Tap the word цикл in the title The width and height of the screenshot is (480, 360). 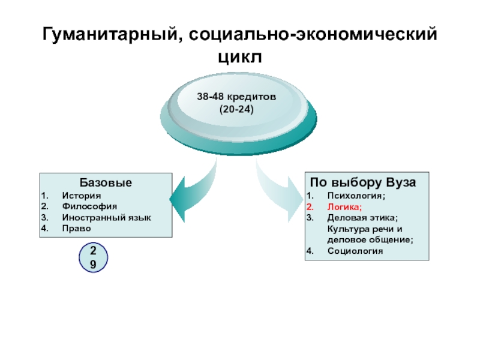tap(239, 58)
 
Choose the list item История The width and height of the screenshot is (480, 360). tap(81, 196)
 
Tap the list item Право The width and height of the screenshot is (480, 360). tap(74, 229)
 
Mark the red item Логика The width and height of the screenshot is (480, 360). tap(345, 206)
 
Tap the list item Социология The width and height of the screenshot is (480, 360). tap(355, 251)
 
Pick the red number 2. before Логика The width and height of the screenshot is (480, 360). tap(310, 206)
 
